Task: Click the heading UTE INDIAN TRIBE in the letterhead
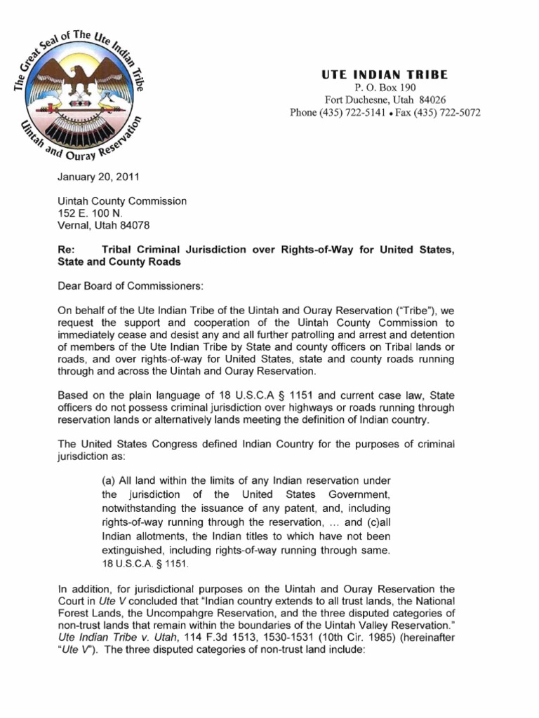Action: click(385, 74)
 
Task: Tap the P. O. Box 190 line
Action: click(385, 88)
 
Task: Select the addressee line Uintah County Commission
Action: click(122, 201)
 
